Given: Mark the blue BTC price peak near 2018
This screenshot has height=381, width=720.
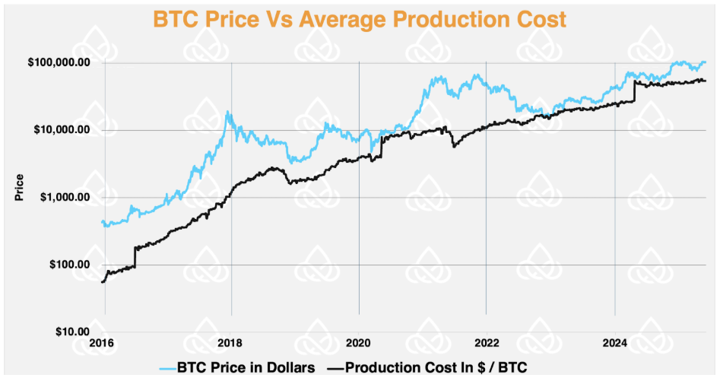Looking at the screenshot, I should [x=227, y=113].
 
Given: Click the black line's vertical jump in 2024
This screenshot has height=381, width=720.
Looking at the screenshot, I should [x=634, y=90].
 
